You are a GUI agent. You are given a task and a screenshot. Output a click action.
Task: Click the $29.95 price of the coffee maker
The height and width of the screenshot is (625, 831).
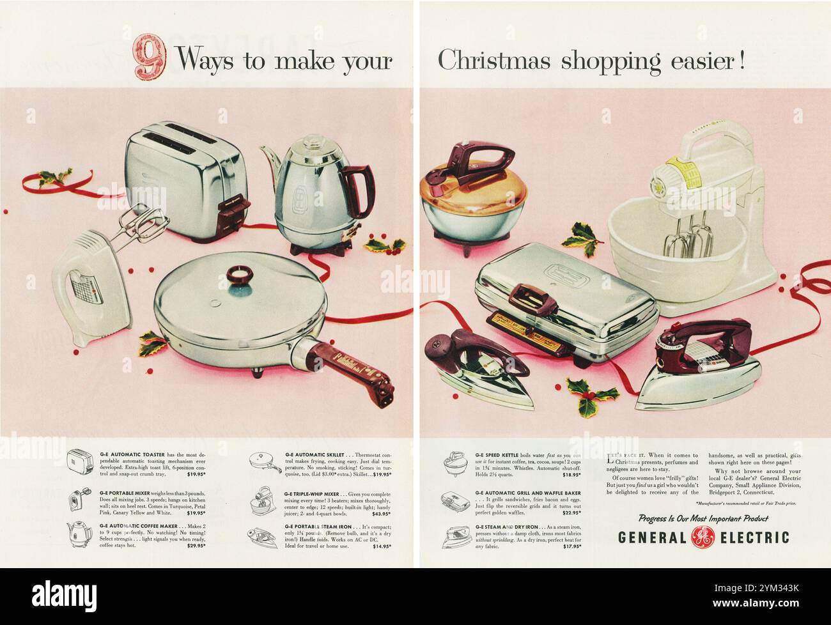[196, 546]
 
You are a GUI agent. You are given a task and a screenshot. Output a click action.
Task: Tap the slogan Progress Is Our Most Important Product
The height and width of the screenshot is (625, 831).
[703, 518]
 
